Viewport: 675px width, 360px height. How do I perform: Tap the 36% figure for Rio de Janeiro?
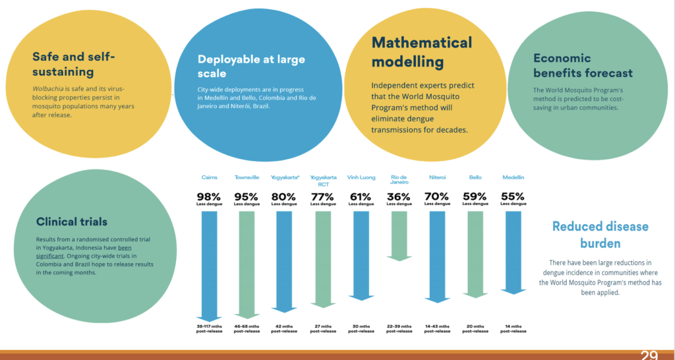(x=398, y=196)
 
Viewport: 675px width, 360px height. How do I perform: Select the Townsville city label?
(x=247, y=177)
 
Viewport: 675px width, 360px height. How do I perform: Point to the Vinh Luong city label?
(x=361, y=177)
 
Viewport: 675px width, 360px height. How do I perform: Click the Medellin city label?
(x=514, y=177)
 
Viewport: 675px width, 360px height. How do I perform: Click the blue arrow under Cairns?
(x=210, y=264)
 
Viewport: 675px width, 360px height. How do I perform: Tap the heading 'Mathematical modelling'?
(x=422, y=52)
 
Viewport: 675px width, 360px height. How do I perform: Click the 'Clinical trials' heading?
(x=73, y=222)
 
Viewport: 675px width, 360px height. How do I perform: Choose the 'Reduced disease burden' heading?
(x=600, y=235)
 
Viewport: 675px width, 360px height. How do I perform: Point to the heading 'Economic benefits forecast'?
(x=583, y=65)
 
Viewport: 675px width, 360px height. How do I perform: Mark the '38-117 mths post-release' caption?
(x=210, y=328)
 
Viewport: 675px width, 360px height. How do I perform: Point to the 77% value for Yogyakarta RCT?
(x=323, y=196)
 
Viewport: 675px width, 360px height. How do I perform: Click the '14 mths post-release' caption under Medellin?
(x=514, y=328)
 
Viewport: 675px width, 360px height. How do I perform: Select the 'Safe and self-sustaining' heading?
(x=74, y=64)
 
